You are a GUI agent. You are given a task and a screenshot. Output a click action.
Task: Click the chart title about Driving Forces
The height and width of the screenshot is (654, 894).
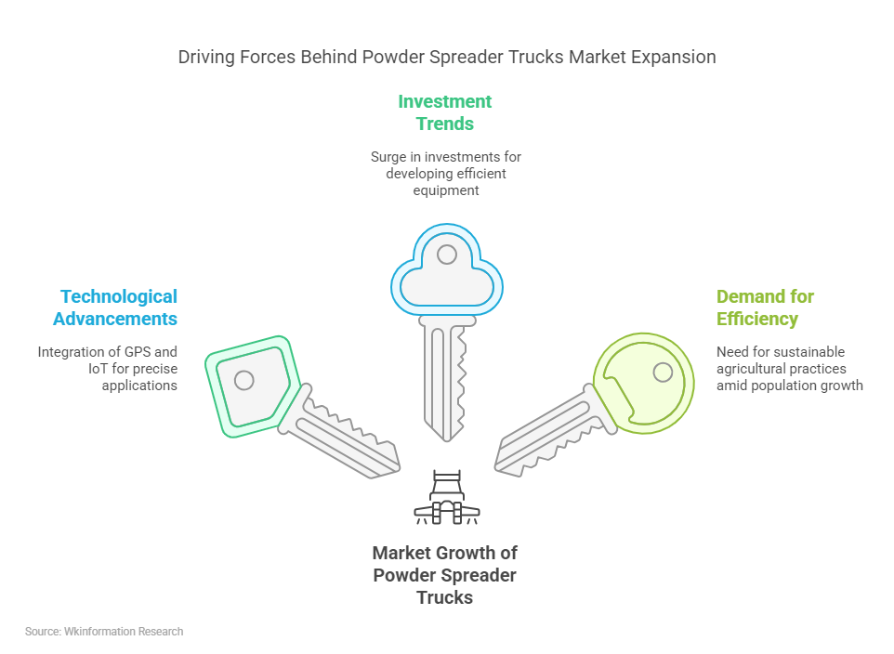coord(446,57)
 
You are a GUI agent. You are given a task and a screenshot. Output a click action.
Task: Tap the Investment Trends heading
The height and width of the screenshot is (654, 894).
coord(445,112)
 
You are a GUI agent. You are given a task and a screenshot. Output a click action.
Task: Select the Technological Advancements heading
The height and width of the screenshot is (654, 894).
coord(115,307)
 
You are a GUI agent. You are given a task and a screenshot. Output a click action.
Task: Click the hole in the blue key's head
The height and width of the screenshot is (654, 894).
coord(447,254)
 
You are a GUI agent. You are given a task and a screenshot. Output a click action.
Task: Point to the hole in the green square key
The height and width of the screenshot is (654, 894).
coord(244,379)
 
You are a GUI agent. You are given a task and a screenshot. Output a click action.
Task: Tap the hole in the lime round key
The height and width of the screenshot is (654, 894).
coord(663,373)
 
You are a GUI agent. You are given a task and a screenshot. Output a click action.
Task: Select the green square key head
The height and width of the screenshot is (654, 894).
coord(248,383)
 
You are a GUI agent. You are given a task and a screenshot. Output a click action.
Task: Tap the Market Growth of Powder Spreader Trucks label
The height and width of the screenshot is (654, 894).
coord(444,575)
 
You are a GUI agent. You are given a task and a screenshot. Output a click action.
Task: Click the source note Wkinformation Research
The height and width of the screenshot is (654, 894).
coord(104,632)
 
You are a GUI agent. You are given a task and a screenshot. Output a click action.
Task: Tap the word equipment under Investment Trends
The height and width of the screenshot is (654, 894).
coord(446,190)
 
